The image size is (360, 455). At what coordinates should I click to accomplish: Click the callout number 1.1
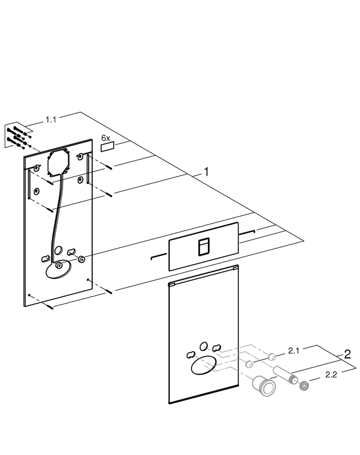[x=51, y=120]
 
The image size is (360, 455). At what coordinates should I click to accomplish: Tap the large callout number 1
[x=206, y=172]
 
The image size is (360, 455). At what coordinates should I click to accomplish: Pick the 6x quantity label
[x=105, y=138]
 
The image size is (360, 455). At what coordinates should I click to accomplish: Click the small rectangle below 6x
[x=108, y=147]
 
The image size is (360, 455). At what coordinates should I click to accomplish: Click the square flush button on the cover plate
[x=204, y=247]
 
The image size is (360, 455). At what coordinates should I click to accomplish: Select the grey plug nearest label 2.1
[x=271, y=357]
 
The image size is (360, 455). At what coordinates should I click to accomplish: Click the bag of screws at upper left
[x=19, y=135]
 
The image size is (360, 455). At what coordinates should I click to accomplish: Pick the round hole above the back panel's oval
[x=59, y=250]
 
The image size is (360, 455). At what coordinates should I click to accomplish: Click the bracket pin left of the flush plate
[x=158, y=256]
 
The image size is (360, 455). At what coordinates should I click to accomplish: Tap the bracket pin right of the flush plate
[x=247, y=232]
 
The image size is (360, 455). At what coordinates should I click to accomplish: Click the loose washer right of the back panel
[x=81, y=259]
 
